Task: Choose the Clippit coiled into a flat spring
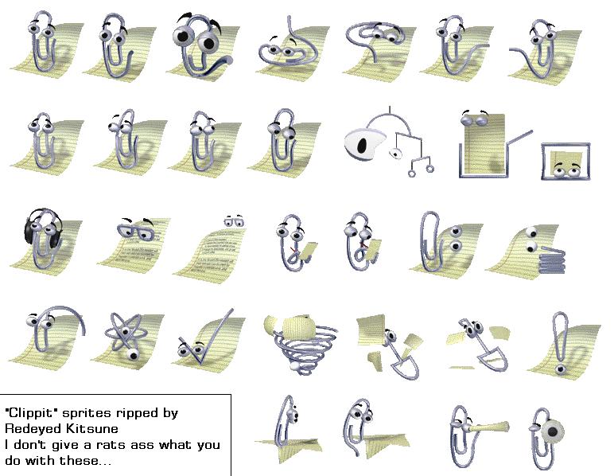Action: (x=551, y=259)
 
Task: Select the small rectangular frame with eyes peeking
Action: (x=565, y=162)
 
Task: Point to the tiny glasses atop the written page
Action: (x=234, y=221)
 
